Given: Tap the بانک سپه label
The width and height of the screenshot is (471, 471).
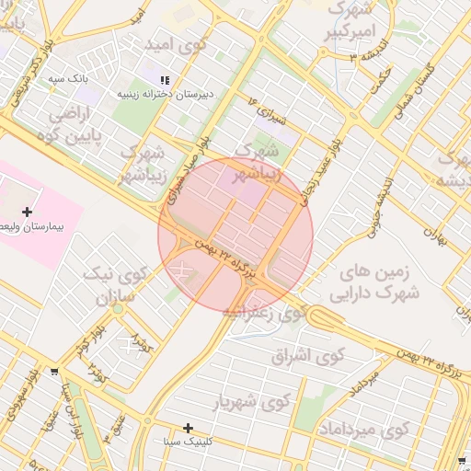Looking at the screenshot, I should (x=68, y=79).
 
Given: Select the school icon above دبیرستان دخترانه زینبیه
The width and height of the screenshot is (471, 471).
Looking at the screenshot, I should (x=166, y=81).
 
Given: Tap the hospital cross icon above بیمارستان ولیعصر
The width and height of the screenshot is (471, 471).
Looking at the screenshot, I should (x=27, y=212).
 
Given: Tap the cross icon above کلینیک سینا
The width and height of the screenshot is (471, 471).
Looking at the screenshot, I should (x=188, y=428).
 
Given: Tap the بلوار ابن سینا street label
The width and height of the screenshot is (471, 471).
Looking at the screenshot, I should (x=67, y=405).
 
